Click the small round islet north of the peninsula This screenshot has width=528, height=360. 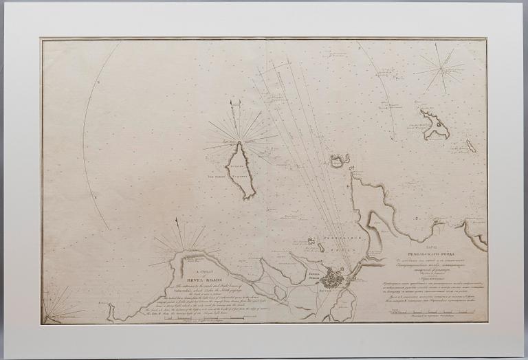338,161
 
